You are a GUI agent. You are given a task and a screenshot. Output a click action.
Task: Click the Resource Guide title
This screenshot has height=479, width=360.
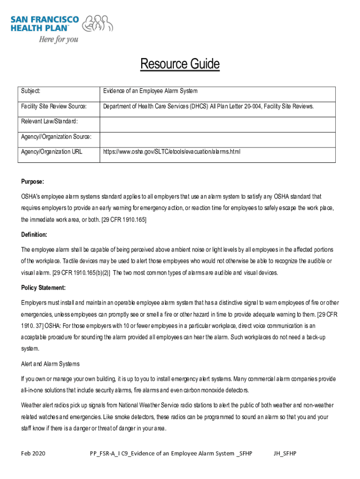[x=180, y=64]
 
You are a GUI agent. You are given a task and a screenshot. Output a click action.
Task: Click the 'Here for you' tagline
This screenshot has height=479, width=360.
[x=58, y=39]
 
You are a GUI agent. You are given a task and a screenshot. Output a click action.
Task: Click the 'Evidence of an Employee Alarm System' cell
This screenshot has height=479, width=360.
[x=151, y=91]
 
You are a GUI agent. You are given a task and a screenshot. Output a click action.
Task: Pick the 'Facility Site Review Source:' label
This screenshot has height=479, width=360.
[x=54, y=107]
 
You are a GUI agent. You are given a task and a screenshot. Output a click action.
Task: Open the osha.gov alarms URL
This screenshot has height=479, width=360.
[x=172, y=152]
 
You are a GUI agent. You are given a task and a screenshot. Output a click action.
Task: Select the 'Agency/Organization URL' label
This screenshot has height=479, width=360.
[x=52, y=152]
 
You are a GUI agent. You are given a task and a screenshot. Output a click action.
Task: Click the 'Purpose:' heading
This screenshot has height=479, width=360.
[x=33, y=181]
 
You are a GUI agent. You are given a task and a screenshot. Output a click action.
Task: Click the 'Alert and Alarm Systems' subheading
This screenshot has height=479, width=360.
[x=50, y=364]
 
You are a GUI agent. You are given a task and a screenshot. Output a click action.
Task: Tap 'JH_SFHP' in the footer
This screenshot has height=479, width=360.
[x=285, y=453]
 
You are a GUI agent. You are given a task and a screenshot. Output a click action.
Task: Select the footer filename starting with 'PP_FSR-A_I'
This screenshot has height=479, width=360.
[x=171, y=453]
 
